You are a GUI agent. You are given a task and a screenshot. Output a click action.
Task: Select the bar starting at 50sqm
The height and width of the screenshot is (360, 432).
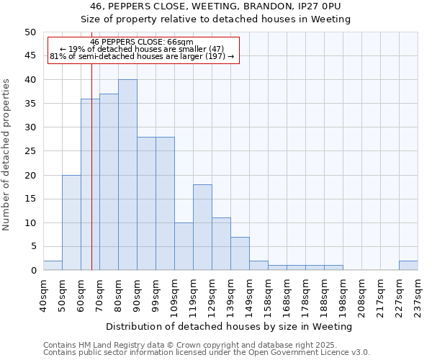tap(71, 222)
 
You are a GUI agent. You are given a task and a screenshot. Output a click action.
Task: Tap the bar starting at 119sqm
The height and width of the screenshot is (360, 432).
tap(202, 228)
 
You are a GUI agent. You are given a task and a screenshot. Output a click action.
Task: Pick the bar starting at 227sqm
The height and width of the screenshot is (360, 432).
tap(408, 266)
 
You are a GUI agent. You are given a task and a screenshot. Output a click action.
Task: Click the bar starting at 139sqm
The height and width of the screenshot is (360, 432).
tap(240, 253)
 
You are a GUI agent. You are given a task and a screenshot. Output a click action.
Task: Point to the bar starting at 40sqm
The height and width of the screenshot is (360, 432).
tap(53, 266)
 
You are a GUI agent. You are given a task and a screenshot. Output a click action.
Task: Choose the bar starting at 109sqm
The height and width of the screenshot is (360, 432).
tap(184, 246)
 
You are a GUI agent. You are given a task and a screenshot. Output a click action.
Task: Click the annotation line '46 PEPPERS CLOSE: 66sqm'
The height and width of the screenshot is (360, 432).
tap(142, 42)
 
